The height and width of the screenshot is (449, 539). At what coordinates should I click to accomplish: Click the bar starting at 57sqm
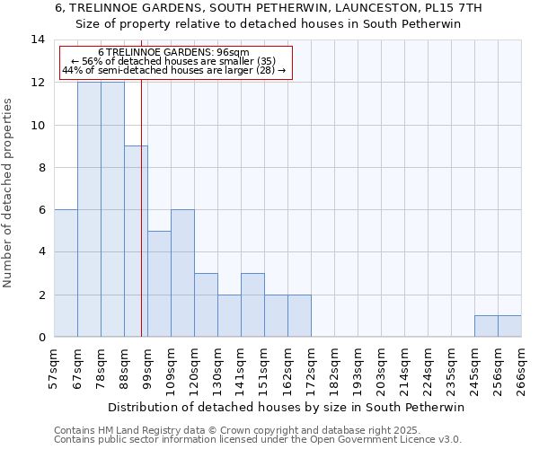tap(66, 273)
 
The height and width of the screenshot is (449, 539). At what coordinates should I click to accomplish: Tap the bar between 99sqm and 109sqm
tap(159, 284)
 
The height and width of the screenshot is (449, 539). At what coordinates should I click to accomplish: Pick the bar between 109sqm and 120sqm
tap(182, 273)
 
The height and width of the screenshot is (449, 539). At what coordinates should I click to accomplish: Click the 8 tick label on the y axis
tap(41, 168)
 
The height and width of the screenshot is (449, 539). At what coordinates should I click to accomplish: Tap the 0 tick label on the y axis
tap(41, 338)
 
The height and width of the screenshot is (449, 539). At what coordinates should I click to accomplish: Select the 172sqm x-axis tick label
tap(311, 368)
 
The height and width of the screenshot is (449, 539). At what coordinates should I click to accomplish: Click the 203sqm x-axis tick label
tap(381, 368)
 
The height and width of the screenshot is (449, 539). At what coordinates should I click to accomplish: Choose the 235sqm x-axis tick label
tap(451, 368)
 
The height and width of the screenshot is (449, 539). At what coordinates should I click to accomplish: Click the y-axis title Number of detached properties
tap(9, 192)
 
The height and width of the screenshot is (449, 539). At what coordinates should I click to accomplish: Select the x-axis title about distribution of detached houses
tap(287, 407)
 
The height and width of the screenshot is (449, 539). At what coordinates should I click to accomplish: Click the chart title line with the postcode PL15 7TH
tap(269, 8)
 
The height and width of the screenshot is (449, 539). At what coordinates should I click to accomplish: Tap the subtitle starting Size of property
tap(269, 24)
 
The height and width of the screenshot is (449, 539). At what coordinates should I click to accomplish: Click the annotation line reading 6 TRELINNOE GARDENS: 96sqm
tap(174, 53)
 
